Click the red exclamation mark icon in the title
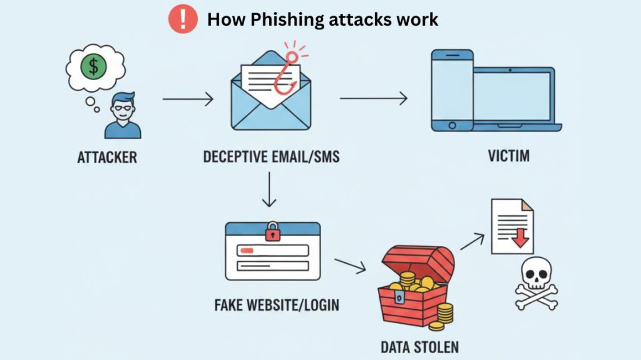[x=183, y=19]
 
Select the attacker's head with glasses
[x=123, y=108]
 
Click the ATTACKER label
[x=107, y=157]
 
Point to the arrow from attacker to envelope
[x=187, y=98]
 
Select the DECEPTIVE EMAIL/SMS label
[x=271, y=157]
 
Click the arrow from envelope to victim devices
[x=373, y=98]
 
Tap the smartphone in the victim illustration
[x=452, y=90]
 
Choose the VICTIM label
[x=508, y=155]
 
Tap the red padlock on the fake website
[x=272, y=231]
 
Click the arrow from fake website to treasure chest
[x=350, y=265]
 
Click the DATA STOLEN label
[x=420, y=346]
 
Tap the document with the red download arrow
[x=511, y=227]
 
